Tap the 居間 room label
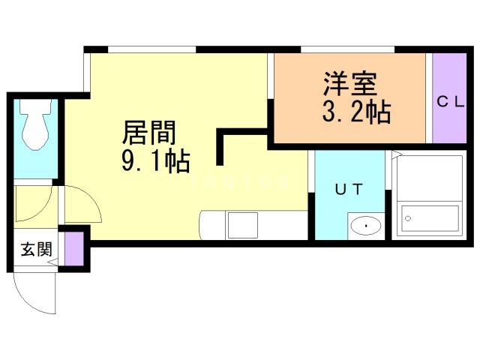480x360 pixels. coord(149,133)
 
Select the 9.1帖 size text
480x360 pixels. coord(155,160)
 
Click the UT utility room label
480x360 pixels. coord(349,190)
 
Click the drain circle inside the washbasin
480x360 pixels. coord(366,224)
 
